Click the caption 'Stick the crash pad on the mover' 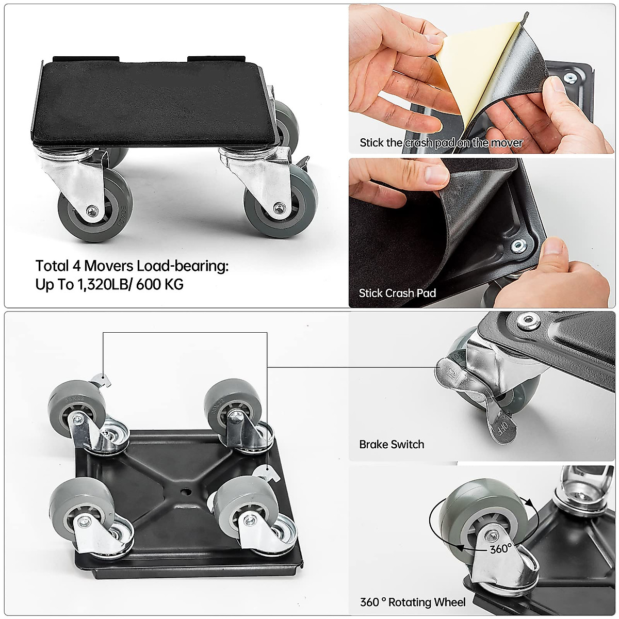click(441, 143)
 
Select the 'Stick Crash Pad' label click(397, 293)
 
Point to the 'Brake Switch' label click(392, 444)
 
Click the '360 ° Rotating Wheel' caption click(412, 602)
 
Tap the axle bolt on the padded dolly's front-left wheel click(92, 210)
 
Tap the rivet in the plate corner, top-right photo click(569, 78)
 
